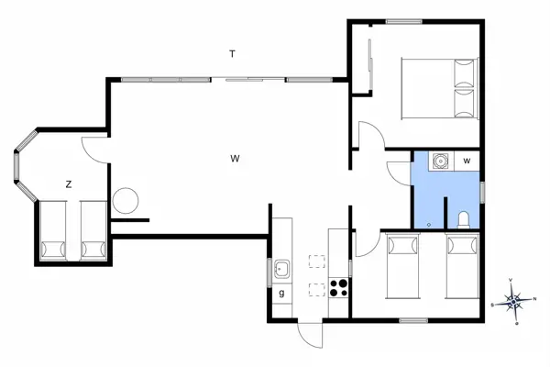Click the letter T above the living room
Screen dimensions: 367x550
click(x=233, y=54)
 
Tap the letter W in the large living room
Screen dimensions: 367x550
click(x=235, y=159)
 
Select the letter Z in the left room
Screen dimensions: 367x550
click(x=68, y=184)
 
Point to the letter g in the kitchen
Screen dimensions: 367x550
click(x=281, y=293)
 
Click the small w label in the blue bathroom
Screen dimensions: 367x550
click(x=467, y=161)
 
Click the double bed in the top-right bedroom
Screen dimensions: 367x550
click(x=440, y=88)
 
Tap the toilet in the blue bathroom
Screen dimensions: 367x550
click(x=463, y=218)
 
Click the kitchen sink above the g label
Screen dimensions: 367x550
click(x=282, y=270)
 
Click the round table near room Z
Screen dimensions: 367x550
click(x=125, y=200)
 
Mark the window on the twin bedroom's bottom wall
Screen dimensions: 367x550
click(x=413, y=320)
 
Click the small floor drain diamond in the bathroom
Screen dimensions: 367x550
click(x=429, y=223)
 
